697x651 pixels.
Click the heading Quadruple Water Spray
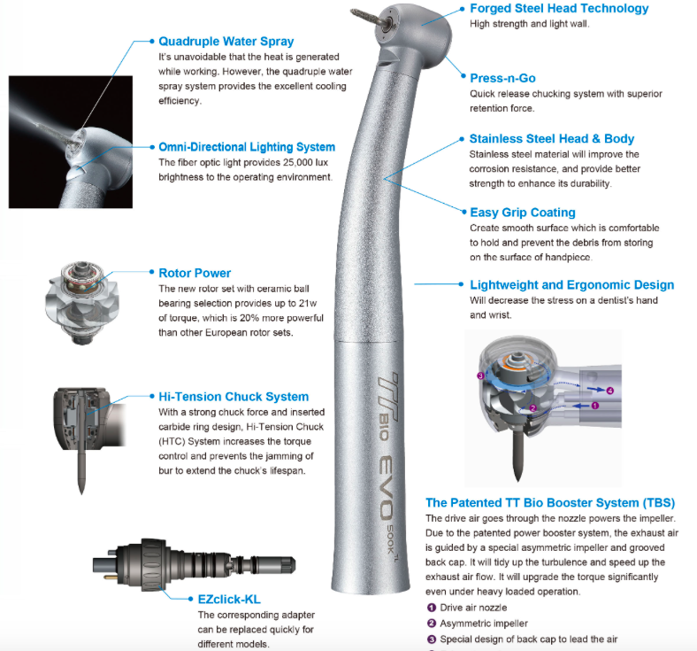[226, 42]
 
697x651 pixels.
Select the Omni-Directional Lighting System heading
[247, 147]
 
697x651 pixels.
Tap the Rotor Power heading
[195, 273]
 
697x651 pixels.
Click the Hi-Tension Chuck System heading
[234, 397]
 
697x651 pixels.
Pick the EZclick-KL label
[229, 600]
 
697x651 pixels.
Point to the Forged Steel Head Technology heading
[559, 9]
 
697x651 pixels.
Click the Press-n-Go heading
[502, 78]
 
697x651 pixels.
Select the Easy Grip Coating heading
[523, 213]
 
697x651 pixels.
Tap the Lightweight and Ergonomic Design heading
[572, 285]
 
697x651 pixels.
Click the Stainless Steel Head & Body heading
[552, 139]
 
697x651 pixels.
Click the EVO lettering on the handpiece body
[387, 488]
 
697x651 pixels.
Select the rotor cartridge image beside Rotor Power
[81, 302]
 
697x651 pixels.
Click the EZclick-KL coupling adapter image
[195, 565]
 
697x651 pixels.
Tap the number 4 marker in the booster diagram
[610, 391]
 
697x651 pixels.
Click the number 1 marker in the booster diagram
[595, 406]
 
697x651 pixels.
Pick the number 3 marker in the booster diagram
[480, 376]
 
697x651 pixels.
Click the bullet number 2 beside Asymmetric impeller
[431, 624]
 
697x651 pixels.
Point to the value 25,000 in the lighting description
[298, 162]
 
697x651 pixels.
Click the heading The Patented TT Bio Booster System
[550, 503]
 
